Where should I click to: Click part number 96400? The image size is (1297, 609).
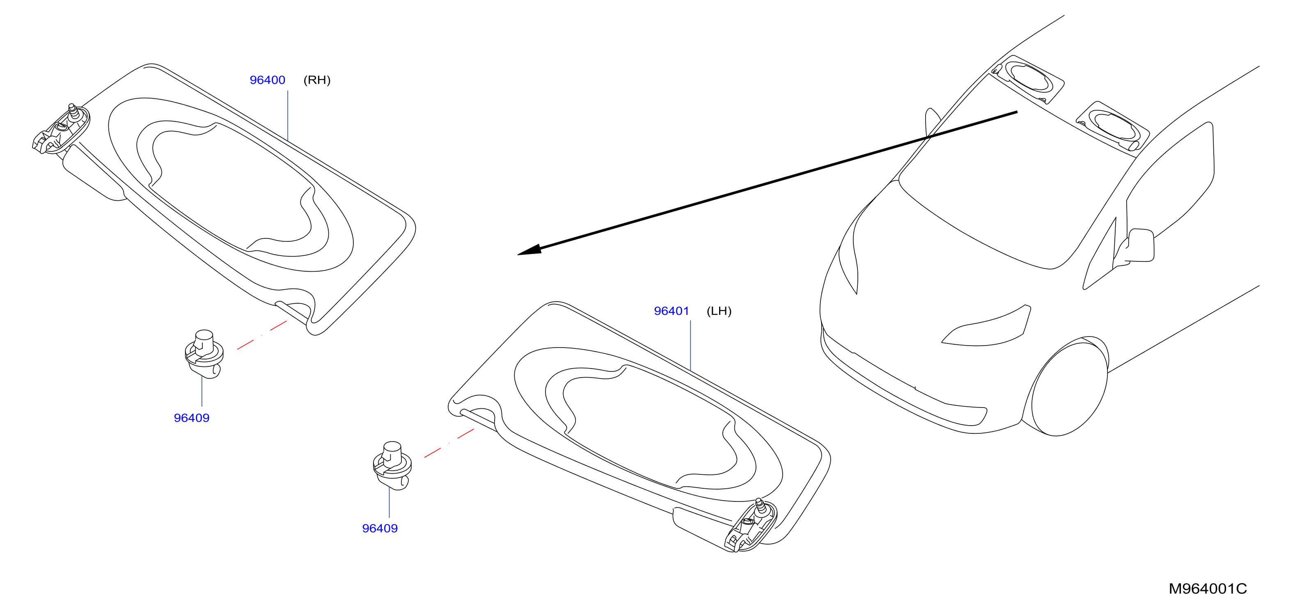click(267, 80)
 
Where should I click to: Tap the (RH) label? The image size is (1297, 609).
click(317, 80)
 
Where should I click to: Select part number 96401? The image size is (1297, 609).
click(671, 311)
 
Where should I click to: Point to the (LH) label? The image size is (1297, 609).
click(719, 311)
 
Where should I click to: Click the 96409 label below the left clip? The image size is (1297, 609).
click(191, 418)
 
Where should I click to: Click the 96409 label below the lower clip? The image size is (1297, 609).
click(380, 529)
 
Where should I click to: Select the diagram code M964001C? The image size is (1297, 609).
click(1208, 588)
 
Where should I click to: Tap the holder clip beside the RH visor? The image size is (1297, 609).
click(204, 354)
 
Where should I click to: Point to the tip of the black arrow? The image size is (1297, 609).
click(518, 254)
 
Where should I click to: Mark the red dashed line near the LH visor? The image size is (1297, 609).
click(449, 443)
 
